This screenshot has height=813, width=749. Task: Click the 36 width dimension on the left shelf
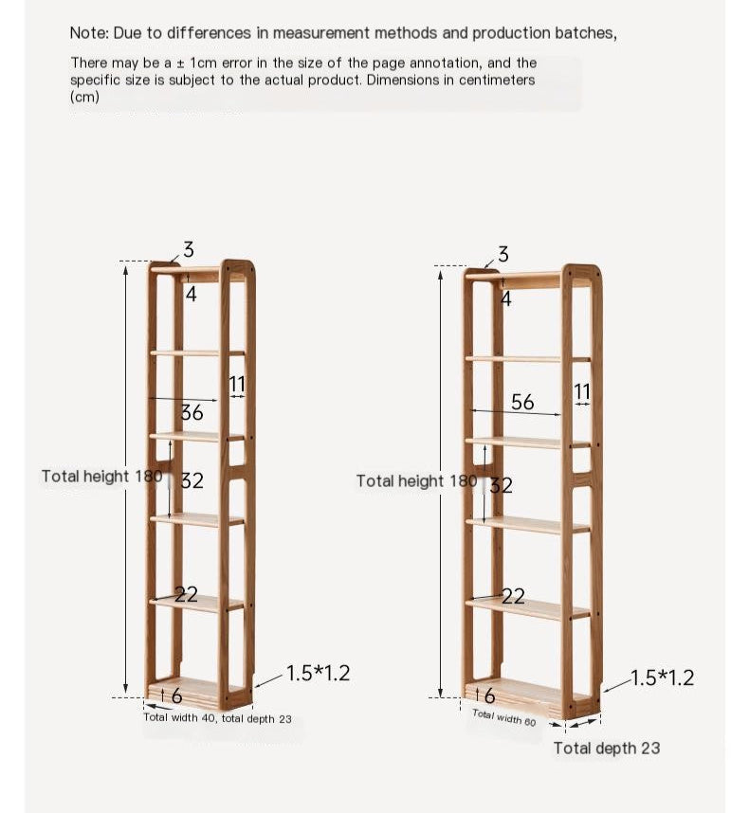click(192, 412)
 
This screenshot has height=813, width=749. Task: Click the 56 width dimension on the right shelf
click(522, 402)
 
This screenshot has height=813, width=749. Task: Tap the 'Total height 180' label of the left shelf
click(101, 476)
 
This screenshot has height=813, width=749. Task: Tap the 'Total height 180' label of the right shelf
click(416, 480)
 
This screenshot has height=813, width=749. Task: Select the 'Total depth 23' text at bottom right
click(607, 748)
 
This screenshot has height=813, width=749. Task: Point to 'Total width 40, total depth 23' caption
click(217, 718)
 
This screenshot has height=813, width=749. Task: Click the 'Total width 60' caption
click(503, 717)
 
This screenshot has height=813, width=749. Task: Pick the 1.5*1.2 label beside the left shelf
click(318, 674)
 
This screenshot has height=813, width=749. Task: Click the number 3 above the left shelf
click(188, 250)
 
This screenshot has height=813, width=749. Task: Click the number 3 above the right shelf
click(502, 254)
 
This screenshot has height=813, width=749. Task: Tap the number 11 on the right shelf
click(582, 391)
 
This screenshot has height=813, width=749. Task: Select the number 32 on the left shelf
click(192, 480)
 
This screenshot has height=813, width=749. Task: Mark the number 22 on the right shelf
click(513, 596)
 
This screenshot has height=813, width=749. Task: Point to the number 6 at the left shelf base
click(176, 696)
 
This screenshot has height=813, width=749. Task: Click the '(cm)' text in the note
click(84, 97)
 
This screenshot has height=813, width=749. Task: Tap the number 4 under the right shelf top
click(505, 298)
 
